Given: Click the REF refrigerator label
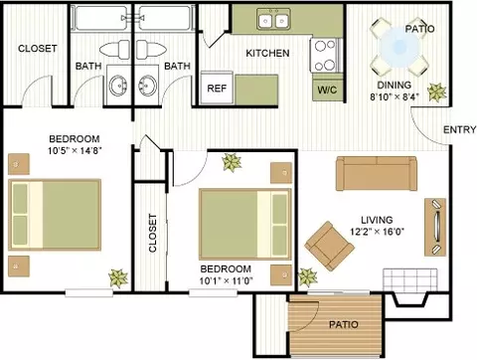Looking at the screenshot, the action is pos(217,89).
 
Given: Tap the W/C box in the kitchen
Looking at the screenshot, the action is pos(327,90).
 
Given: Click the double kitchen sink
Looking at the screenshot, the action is pos(273,20).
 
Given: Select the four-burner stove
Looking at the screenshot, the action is pos(324,56).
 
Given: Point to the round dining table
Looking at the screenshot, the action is pos(399,48).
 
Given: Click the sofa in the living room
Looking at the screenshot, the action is pos(377,173).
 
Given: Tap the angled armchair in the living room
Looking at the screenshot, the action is pos(329,246).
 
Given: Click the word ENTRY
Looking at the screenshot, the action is pos(460,129).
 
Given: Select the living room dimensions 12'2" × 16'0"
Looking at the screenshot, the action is pos(377,231).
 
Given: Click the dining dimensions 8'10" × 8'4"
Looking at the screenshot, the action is pos(395,96).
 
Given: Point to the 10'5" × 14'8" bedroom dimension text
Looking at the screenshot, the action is pos(75,151).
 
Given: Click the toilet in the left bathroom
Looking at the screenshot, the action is pos(114,50).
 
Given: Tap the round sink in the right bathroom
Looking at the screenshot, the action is pos(147,85).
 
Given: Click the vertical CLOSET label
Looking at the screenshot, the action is pos(152,233).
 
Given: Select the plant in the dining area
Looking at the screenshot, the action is pos(436,91).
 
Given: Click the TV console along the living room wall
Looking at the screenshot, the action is pos(435,227).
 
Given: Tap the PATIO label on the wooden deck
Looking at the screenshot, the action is pos(344,324).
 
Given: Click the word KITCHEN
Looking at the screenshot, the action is pos(267,53).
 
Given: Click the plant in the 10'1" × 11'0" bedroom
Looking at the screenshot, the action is pos(232,162).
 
